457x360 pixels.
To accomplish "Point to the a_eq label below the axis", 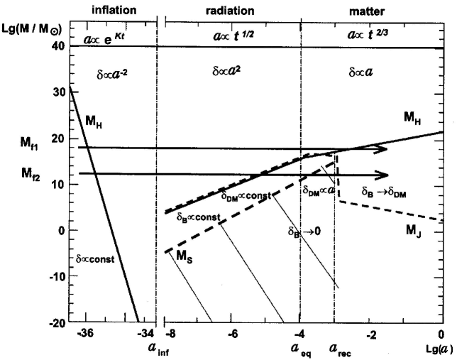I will [x=299, y=349].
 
